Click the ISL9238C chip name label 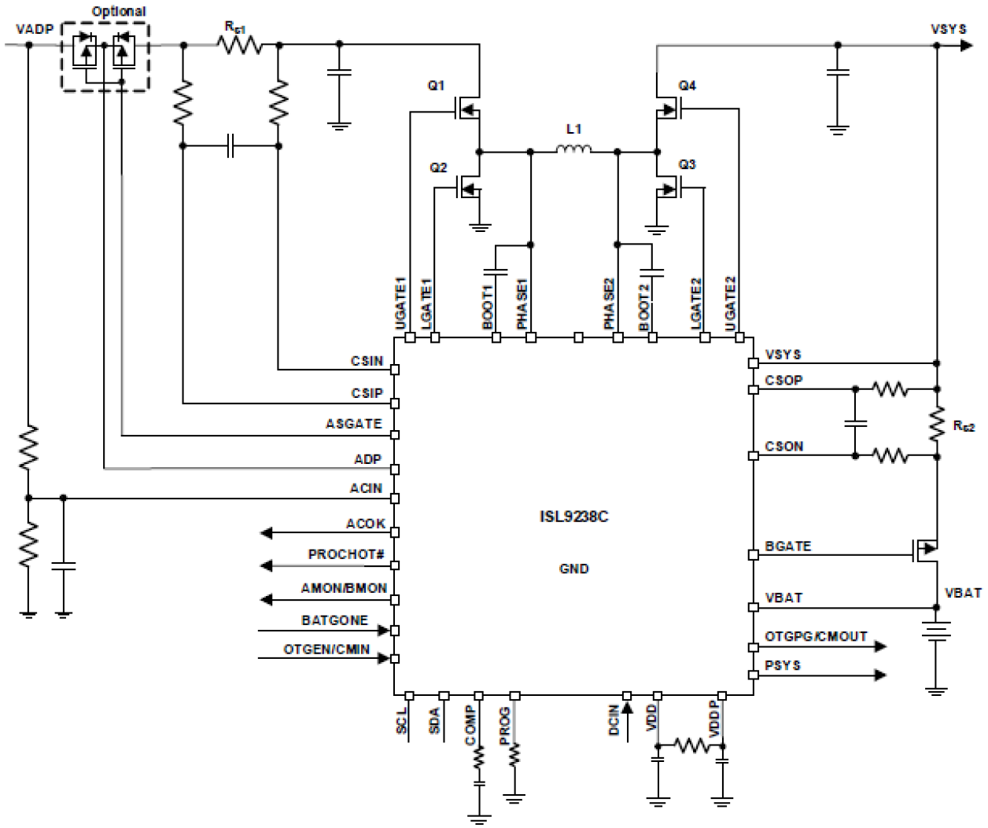pos(573,517)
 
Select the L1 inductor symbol pos(573,149)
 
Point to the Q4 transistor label pos(687,85)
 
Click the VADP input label pos(35,29)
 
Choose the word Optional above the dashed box pos(119,11)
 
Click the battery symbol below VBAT pos(936,631)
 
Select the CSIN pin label pos(367,361)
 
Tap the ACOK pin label pos(366,524)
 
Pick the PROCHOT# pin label pos(346,554)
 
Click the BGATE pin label pos(787,546)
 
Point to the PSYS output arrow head pos(880,675)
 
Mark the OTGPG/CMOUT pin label pos(816,636)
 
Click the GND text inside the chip pos(573,569)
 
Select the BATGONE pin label pos(334,620)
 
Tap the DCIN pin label pos(614,720)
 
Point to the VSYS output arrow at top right pos(966,45)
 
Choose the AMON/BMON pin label pos(344,588)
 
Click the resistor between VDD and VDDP pos(691,745)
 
